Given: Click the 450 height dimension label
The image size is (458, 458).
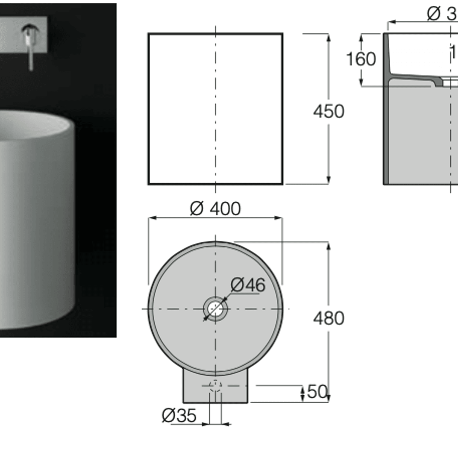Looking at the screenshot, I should [x=328, y=111].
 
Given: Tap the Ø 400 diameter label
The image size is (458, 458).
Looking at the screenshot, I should [x=215, y=209].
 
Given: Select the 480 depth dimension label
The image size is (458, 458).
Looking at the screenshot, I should [x=328, y=318].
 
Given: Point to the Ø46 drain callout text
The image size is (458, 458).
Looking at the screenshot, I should [x=248, y=285].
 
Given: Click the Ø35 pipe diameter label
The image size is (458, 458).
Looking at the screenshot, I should [x=179, y=416].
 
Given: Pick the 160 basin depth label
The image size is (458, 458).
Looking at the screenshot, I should [x=361, y=59].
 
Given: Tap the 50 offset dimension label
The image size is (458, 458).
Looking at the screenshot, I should [x=317, y=392].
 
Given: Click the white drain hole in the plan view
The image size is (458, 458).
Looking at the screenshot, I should [x=215, y=309].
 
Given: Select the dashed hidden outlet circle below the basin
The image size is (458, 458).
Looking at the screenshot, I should [x=215, y=386].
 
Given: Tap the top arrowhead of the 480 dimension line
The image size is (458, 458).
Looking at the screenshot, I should [x=328, y=246].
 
